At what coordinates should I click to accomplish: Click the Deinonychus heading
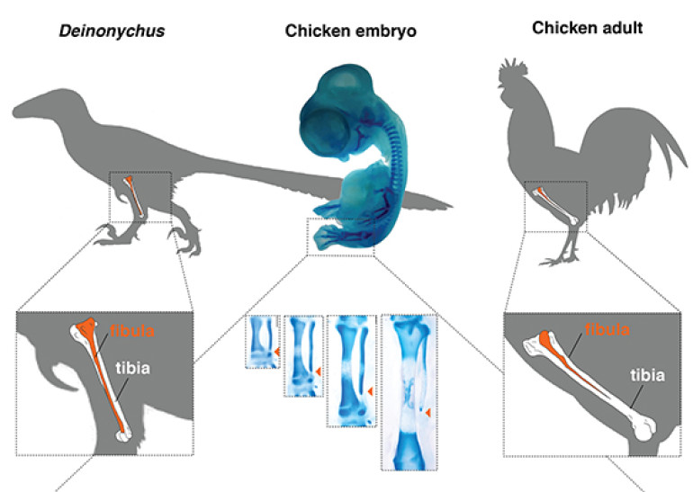(x=112, y=31)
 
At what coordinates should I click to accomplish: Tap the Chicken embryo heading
(x=350, y=31)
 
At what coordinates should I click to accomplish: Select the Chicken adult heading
(x=588, y=28)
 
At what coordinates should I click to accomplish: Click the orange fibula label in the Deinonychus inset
(x=132, y=331)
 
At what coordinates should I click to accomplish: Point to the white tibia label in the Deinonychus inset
(x=133, y=368)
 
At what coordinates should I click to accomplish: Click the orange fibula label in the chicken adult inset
(x=607, y=329)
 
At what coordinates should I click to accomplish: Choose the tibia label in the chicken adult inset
(x=647, y=375)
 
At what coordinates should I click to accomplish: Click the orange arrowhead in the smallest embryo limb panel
(x=276, y=352)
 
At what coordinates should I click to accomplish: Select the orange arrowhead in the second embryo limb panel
(x=318, y=371)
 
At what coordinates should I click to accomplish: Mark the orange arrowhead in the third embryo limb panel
(x=371, y=391)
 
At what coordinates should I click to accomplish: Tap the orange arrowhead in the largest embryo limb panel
(x=427, y=412)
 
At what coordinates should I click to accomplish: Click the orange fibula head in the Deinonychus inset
(x=86, y=327)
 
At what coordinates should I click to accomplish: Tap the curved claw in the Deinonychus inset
(x=62, y=376)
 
